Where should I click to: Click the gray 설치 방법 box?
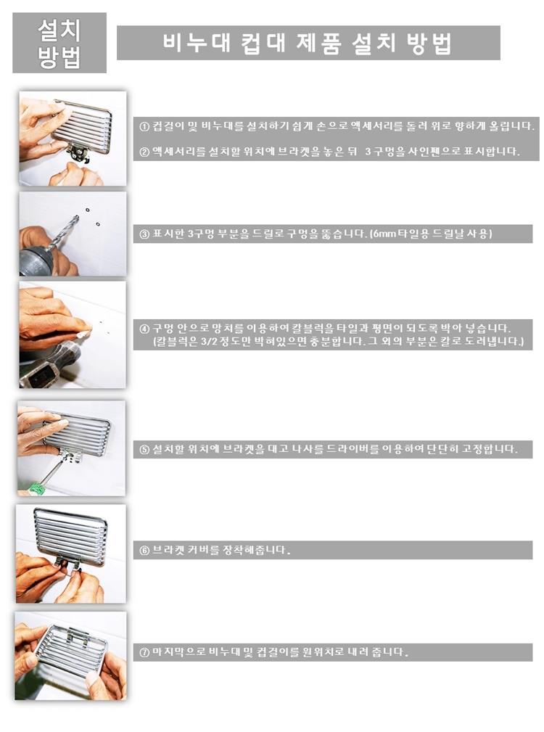click(x=59, y=43)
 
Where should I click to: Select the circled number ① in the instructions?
click(x=144, y=126)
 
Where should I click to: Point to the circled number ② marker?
click(x=144, y=152)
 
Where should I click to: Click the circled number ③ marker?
click(x=144, y=234)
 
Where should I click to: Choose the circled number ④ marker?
click(x=144, y=328)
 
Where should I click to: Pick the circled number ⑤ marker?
click(x=144, y=450)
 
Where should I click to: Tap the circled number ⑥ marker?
click(x=144, y=551)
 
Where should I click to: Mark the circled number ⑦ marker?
click(x=144, y=652)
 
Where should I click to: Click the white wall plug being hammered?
click(x=83, y=334)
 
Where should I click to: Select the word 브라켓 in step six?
click(x=169, y=550)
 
